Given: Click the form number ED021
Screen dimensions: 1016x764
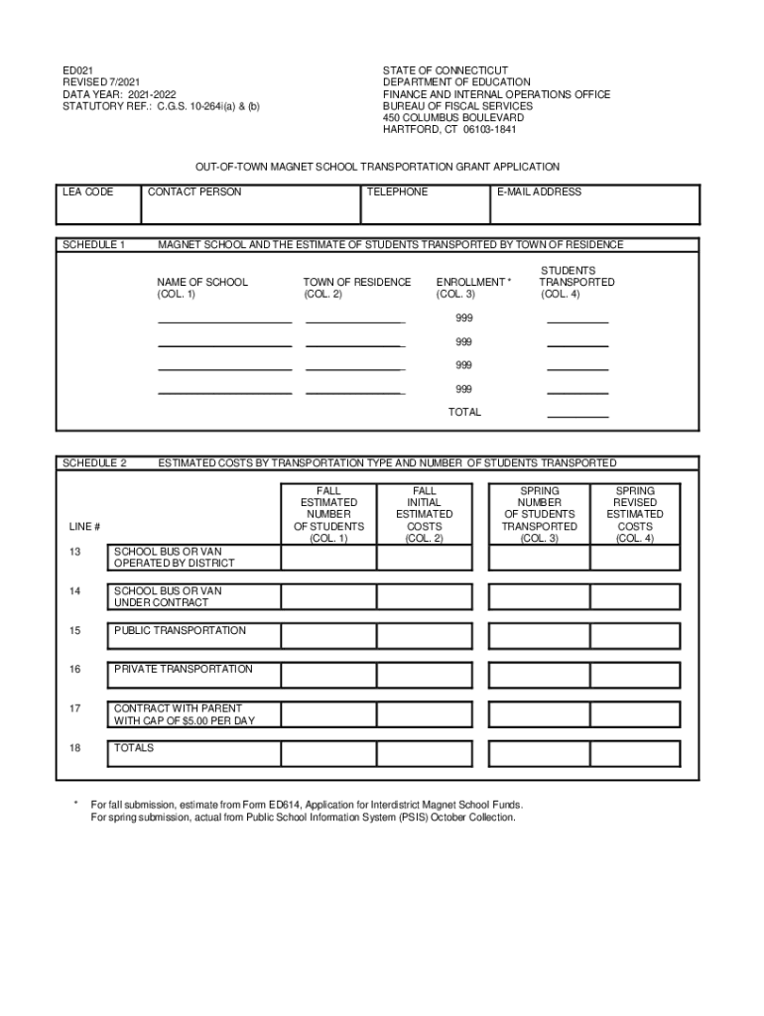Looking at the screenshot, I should [x=77, y=70].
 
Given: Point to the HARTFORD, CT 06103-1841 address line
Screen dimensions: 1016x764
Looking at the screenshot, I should [x=449, y=129].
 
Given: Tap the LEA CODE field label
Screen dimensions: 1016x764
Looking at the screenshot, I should [x=88, y=191].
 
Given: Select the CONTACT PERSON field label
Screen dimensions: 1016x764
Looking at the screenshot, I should [x=194, y=191].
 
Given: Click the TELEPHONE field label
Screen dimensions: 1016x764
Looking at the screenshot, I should [x=397, y=191].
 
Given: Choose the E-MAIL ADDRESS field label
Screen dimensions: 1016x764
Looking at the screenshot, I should [x=540, y=191].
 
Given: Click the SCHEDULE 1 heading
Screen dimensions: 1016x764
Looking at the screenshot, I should [x=94, y=244].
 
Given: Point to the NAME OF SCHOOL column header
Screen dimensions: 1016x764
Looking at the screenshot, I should [x=202, y=282].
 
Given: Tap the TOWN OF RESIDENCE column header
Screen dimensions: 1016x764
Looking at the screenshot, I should [x=357, y=282].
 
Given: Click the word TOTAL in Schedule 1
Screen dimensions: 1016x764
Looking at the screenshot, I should [x=464, y=412].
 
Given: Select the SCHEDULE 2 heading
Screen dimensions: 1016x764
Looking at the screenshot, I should [x=94, y=463].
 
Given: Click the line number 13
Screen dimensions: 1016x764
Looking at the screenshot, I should [x=75, y=552].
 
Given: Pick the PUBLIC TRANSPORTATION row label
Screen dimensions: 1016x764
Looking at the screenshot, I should [x=180, y=631].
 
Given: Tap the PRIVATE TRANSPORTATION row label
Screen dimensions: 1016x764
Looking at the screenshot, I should [x=184, y=670].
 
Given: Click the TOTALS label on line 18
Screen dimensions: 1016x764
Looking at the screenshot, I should [x=134, y=748].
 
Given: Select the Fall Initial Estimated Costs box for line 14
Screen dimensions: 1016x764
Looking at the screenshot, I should [x=424, y=596].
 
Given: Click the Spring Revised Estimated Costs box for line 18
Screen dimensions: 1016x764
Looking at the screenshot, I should [x=635, y=753].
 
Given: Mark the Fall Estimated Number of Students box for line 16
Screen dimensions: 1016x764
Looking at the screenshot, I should [x=327, y=675].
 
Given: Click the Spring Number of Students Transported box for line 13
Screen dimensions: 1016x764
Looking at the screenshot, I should [x=539, y=558].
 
